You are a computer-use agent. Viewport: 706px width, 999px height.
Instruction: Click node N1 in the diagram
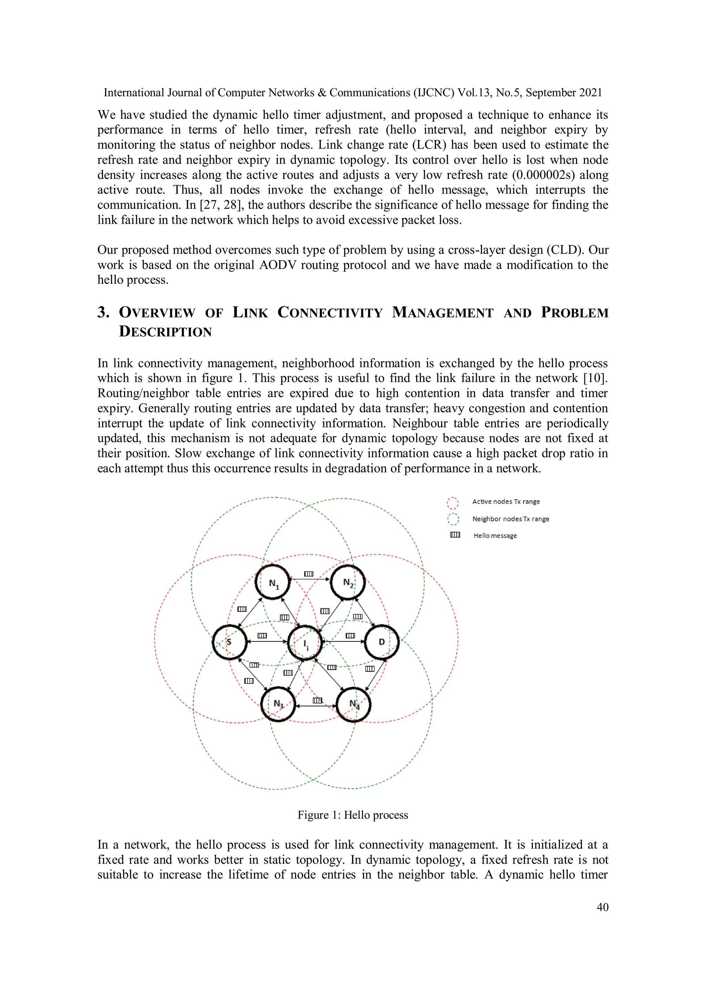[273, 582]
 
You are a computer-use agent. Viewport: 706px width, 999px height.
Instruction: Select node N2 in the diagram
[347, 582]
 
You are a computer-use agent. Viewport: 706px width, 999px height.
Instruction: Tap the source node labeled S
[229, 642]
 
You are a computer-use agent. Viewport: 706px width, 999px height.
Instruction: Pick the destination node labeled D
[382, 642]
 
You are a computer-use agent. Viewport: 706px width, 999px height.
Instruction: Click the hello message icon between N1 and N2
[309, 574]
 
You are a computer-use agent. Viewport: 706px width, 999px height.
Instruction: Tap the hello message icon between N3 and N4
[317, 700]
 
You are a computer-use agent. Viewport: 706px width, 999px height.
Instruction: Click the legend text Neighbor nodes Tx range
[510, 519]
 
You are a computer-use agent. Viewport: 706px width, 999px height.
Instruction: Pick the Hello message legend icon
[455, 535]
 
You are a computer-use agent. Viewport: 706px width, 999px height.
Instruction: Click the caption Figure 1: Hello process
[352, 815]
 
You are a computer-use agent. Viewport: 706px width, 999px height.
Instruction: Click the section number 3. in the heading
[103, 312]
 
